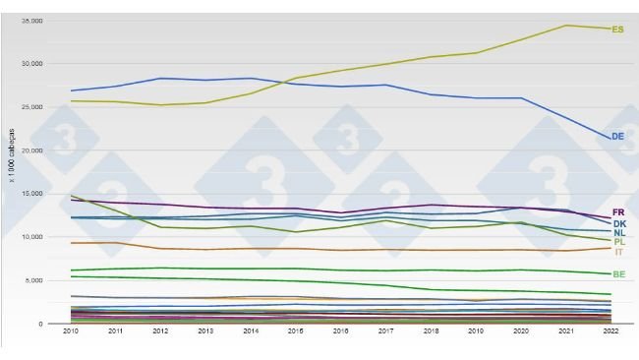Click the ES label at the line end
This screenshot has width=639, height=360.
pos(617,30)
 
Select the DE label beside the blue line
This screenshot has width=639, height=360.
pos(617,137)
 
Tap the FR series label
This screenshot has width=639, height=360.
pos(618,212)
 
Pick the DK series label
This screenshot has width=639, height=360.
pos(618,223)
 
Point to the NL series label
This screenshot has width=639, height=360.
pos(618,233)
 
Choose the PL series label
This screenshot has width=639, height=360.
pos(618,242)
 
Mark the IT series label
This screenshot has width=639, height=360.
pos(618,252)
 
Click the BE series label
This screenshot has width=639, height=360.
pos(618,274)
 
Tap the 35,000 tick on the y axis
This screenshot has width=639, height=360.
pos(31,21)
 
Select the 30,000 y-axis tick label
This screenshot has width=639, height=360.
pos(31,64)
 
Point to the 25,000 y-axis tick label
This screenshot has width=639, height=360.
pos(31,107)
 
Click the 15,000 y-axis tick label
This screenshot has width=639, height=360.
pos(31,194)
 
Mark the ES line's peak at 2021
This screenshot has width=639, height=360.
pos(566,26)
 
